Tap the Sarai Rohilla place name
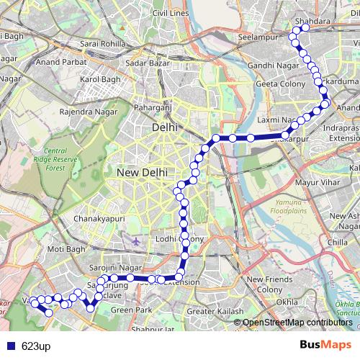point(102,44)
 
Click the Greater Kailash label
point(211,311)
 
